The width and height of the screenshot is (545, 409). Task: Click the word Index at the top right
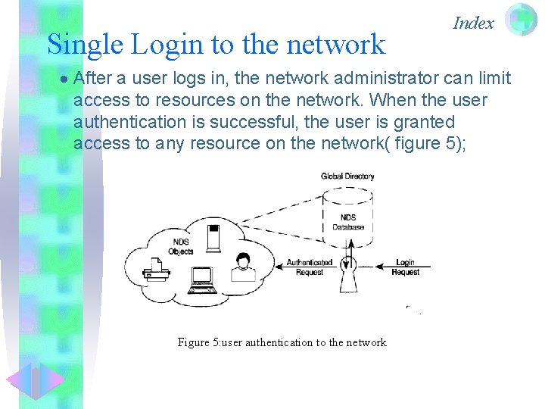tap(473, 23)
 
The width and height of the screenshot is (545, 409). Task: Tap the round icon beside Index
tap(521, 20)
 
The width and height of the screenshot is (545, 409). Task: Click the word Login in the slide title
tap(170, 45)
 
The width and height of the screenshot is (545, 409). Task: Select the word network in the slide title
tap(338, 45)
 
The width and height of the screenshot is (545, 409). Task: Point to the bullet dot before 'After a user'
tap(65, 79)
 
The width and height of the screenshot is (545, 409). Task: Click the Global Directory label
tap(347, 176)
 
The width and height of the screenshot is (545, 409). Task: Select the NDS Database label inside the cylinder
tap(347, 222)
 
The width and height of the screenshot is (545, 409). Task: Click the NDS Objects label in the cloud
tap(182, 247)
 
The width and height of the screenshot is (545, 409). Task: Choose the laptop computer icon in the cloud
tap(202, 280)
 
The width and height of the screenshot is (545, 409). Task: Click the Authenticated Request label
tap(309, 267)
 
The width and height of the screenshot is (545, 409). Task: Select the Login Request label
tap(405, 267)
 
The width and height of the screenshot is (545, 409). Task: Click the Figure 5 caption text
tap(282, 342)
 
